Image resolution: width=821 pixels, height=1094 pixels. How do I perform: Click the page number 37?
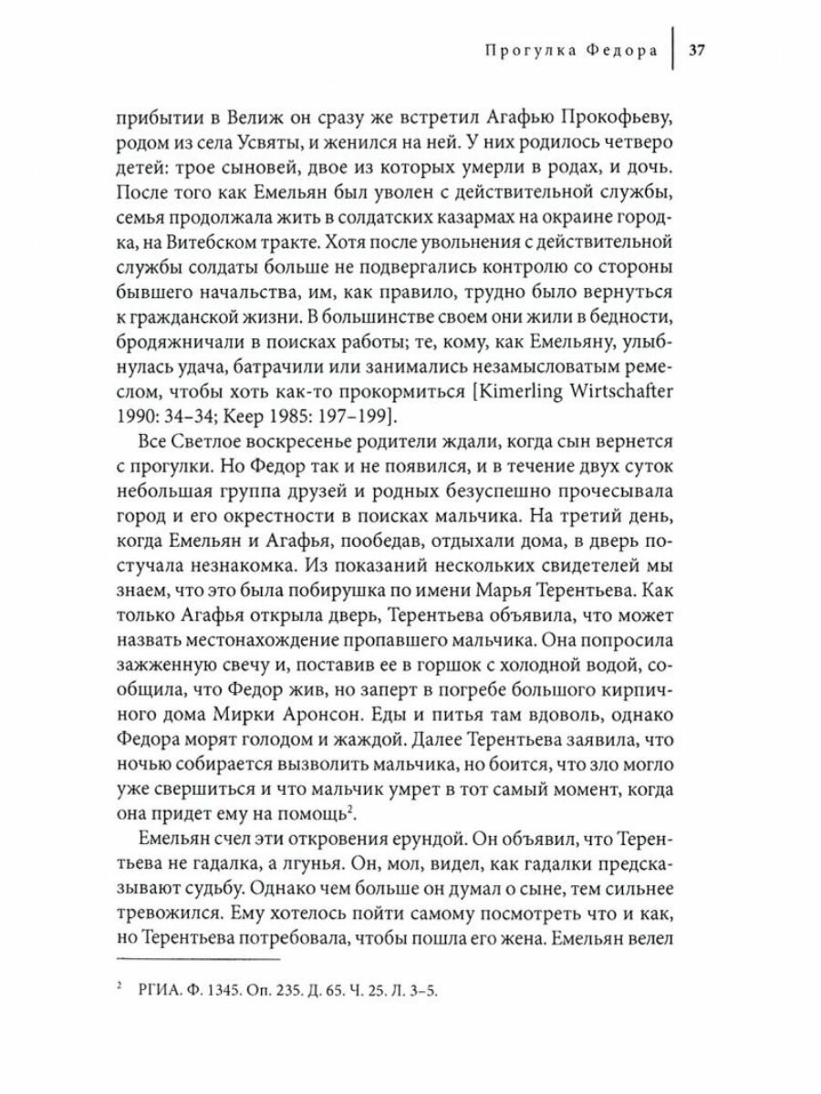pyautogui.click(x=697, y=51)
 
